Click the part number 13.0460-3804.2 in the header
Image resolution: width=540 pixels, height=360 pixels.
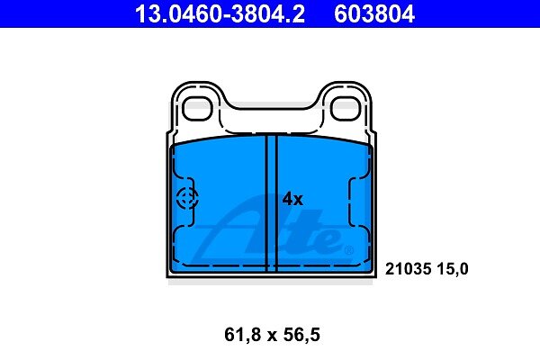(x=220, y=13)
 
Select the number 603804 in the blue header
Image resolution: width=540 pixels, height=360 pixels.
(x=374, y=13)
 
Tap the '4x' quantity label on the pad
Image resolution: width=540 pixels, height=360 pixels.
(x=292, y=199)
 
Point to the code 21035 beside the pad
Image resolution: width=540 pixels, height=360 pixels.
(x=408, y=269)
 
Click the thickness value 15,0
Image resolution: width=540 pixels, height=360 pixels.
(x=453, y=269)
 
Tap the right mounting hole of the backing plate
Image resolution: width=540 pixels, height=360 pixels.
(x=346, y=109)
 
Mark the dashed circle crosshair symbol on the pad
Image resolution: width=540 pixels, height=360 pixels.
(x=187, y=198)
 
